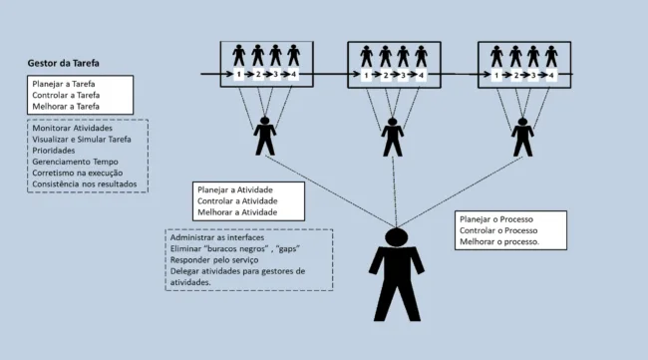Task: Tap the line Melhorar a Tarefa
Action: (67, 107)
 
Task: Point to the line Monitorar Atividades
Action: (72, 129)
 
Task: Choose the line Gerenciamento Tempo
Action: (76, 162)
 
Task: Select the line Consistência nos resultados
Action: (90, 184)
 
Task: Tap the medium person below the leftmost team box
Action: (264, 136)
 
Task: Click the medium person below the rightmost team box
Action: (522, 137)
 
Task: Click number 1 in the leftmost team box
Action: (239, 75)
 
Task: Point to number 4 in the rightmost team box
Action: (551, 75)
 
